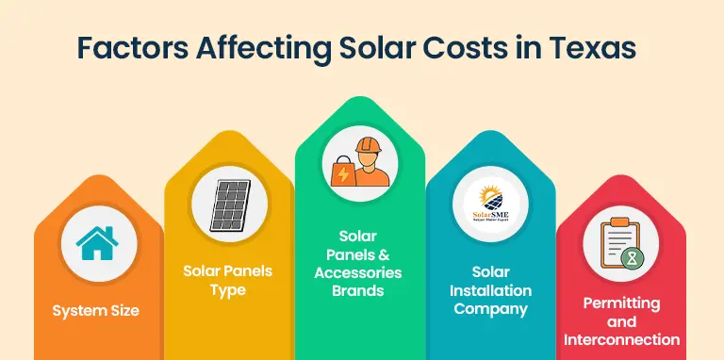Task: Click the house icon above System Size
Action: click(95, 243)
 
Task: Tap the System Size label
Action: click(95, 310)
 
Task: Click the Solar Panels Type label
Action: click(227, 280)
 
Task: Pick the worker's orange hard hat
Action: click(369, 147)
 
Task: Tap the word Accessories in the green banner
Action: click(358, 272)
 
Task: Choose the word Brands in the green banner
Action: click(358, 290)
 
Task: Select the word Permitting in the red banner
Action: click(620, 303)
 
